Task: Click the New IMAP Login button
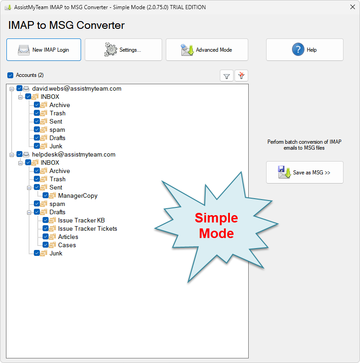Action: (x=44, y=50)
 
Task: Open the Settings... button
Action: (x=123, y=50)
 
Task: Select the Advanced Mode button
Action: (x=207, y=50)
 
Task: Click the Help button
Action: (x=305, y=50)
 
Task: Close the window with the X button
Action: (x=352, y=7)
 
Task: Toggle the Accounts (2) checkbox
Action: (x=11, y=75)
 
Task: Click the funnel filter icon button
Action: (x=226, y=76)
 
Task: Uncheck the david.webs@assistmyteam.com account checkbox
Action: (x=19, y=88)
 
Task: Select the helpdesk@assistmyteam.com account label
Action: (x=74, y=154)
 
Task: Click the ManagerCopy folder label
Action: (x=77, y=195)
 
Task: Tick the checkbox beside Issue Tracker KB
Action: (x=46, y=220)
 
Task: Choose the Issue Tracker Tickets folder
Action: (x=87, y=228)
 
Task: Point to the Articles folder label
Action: (x=68, y=237)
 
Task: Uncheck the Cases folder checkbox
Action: (x=46, y=245)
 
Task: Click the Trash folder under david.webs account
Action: (x=57, y=113)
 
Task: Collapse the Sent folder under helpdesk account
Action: (x=29, y=187)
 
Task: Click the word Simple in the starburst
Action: (x=217, y=218)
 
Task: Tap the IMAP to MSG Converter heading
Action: (x=66, y=25)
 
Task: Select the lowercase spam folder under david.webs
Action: (x=57, y=130)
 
